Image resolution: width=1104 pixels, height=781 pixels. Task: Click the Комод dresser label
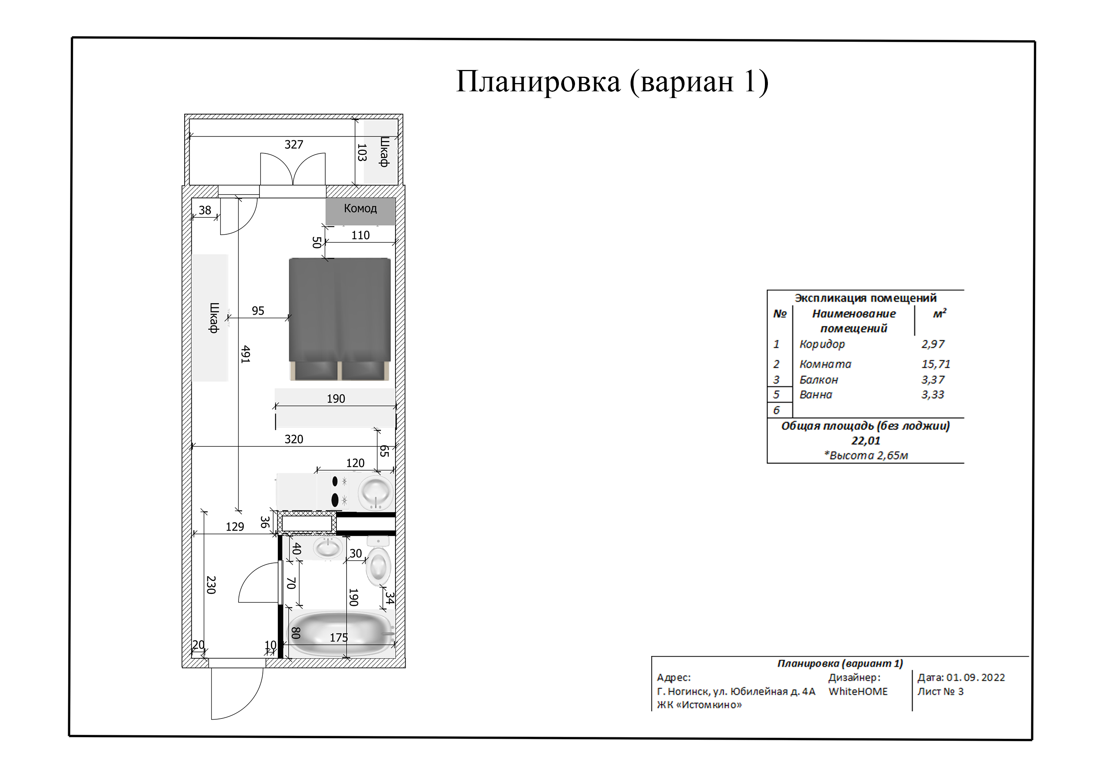click(360, 209)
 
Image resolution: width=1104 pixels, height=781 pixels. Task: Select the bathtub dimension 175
click(338, 638)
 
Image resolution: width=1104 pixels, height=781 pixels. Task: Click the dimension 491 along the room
click(245, 354)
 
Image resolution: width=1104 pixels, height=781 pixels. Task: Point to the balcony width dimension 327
click(294, 145)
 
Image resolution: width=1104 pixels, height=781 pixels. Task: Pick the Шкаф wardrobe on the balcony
click(381, 152)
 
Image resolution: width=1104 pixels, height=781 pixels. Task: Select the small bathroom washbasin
click(328, 547)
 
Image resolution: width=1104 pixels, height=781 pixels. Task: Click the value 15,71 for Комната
click(935, 364)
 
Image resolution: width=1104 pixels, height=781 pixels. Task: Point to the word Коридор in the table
click(822, 344)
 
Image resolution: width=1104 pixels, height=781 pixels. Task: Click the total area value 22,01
click(865, 440)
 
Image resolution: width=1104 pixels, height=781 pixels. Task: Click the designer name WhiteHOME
click(858, 692)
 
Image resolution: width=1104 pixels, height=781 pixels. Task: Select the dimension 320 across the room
click(294, 439)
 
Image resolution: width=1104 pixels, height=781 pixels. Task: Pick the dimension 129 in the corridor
click(235, 527)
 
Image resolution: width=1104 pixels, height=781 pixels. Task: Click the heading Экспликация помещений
click(865, 298)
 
